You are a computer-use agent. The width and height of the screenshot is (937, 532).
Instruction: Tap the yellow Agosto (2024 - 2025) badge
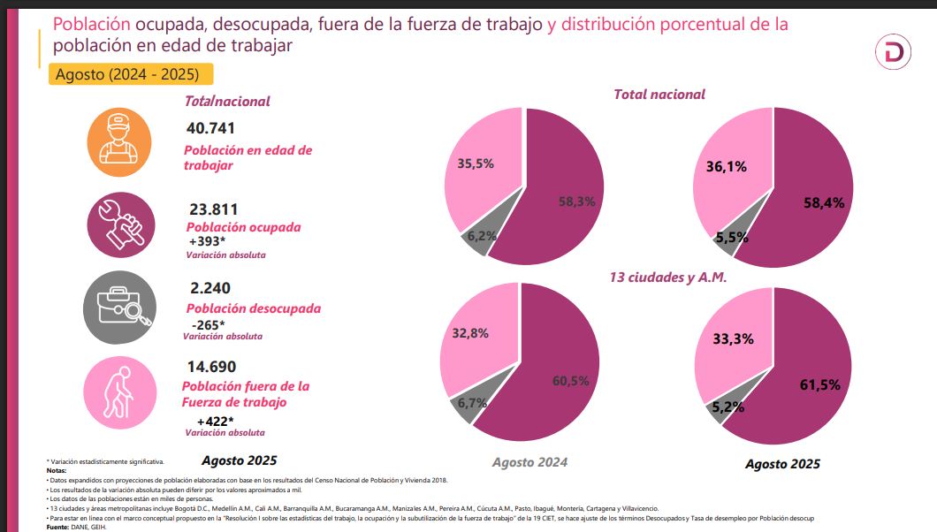[131, 73]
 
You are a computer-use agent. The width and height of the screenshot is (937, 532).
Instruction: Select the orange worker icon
[118, 137]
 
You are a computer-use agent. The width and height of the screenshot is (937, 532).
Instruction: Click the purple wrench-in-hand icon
[121, 224]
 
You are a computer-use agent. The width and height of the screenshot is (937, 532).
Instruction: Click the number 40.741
[211, 128]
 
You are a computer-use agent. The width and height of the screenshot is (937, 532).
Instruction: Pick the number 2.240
[209, 289]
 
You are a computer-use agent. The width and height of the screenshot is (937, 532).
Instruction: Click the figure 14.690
[211, 367]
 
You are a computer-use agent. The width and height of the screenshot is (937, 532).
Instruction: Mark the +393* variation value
[208, 240]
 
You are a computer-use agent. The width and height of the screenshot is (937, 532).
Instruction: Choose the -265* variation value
[209, 324]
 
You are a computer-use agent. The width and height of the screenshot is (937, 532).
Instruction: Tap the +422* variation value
[216, 421]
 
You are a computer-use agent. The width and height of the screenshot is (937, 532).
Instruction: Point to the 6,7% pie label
[467, 403]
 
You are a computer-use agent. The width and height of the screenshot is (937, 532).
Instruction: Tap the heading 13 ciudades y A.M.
[667, 277]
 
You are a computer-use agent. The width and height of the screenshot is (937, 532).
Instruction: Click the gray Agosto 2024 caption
[529, 462]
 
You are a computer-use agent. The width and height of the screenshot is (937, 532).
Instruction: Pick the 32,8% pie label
[470, 333]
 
